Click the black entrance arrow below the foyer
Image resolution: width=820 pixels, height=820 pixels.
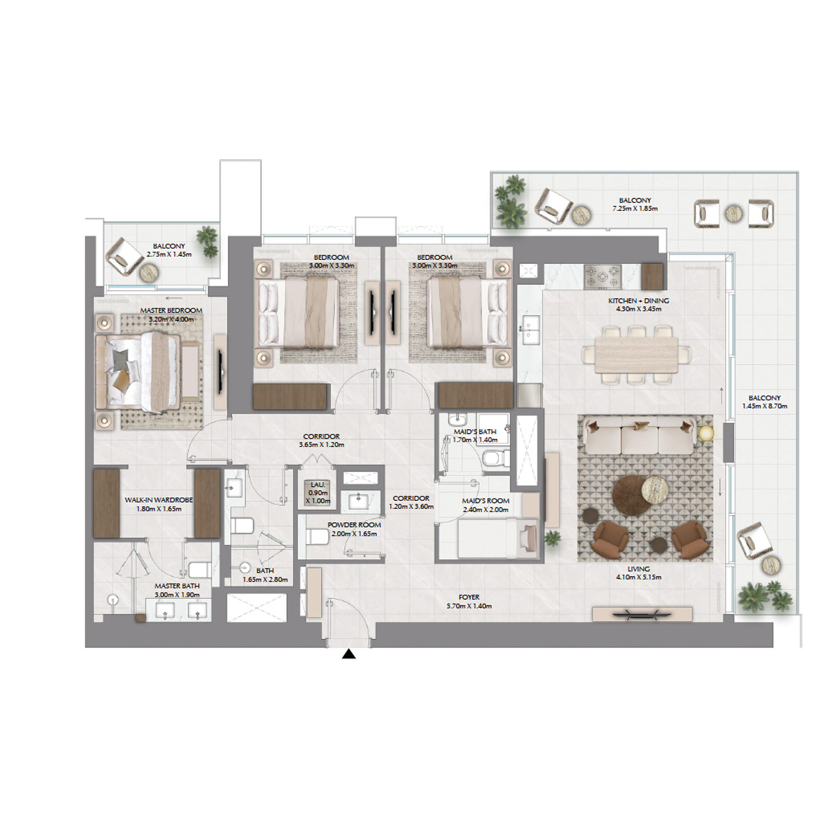(x=348, y=654)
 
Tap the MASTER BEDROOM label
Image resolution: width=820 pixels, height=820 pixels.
(x=171, y=311)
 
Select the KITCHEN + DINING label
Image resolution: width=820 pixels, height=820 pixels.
(x=638, y=300)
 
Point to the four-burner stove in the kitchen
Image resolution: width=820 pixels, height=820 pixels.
(x=602, y=276)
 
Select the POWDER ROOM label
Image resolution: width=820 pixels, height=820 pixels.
(x=354, y=525)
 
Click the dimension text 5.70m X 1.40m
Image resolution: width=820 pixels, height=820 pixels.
(x=469, y=606)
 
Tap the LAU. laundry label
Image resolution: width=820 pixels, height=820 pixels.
(x=318, y=484)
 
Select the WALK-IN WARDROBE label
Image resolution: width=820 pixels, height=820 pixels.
(x=158, y=500)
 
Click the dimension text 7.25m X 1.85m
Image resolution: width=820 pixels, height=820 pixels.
(x=635, y=209)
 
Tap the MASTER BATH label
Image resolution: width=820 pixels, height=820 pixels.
(x=177, y=586)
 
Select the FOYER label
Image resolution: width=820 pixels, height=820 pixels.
(x=469, y=597)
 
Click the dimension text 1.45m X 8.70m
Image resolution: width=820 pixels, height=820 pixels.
(x=764, y=406)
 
